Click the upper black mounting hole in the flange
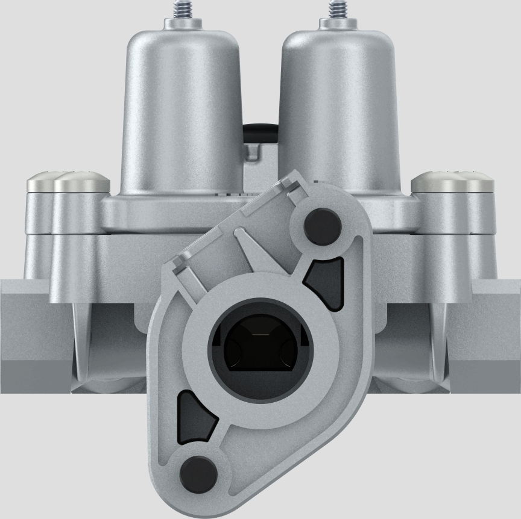click(x=323, y=226)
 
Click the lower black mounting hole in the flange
click(x=198, y=471)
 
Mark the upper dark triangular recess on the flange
click(x=326, y=283)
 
